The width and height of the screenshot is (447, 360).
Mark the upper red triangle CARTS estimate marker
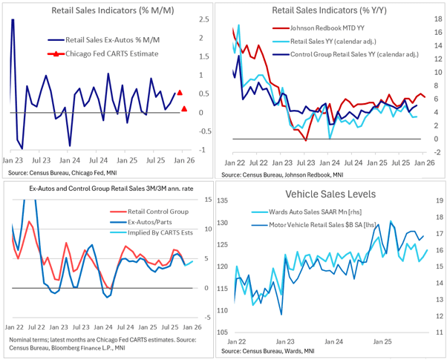pos(180,93)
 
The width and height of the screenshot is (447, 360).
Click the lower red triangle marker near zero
pos(184,109)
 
